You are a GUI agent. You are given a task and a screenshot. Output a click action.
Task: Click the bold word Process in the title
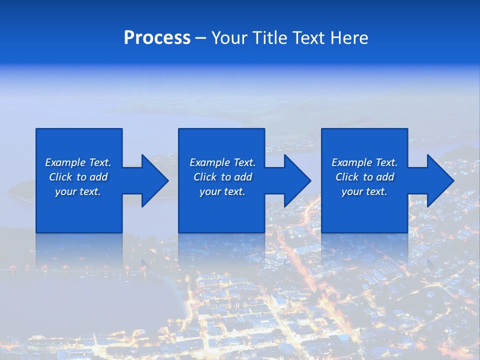[157, 38]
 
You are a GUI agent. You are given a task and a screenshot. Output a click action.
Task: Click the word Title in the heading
[269, 38]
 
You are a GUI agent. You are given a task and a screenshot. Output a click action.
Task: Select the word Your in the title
[229, 38]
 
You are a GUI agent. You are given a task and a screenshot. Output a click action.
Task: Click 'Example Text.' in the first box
[78, 162]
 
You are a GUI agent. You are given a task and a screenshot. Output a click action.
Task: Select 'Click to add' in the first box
[78, 177]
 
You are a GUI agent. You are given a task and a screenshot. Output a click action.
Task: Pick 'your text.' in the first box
[78, 191]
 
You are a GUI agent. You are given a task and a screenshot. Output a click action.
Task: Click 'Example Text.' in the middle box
[222, 162]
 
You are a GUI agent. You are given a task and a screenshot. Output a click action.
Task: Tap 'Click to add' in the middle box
[222, 177]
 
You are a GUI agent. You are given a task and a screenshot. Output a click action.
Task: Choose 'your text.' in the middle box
[222, 191]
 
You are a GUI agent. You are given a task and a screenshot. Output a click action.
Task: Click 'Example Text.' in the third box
[364, 162]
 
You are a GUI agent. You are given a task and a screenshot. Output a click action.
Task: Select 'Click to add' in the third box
[364, 177]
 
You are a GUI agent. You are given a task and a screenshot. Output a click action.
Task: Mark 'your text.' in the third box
[364, 191]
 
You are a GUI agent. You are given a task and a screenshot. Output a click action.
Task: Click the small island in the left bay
[22, 190]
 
